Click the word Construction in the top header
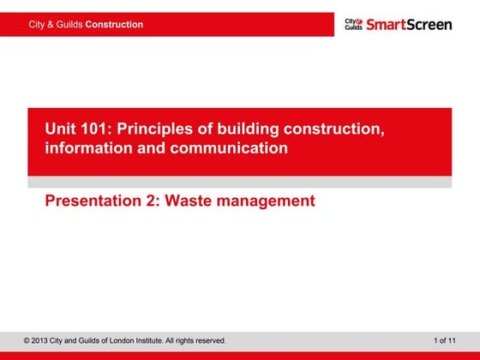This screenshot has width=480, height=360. click(114, 25)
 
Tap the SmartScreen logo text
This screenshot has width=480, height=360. click(409, 24)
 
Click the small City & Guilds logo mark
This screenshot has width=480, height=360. click(354, 24)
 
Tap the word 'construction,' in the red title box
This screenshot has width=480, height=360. click(330, 129)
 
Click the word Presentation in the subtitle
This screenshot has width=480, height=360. click(96, 202)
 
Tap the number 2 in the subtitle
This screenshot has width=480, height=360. click(155, 202)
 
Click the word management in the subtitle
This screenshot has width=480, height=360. click(267, 202)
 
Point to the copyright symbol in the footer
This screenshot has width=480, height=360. click(27, 341)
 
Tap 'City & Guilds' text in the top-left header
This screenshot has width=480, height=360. click(56, 25)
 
